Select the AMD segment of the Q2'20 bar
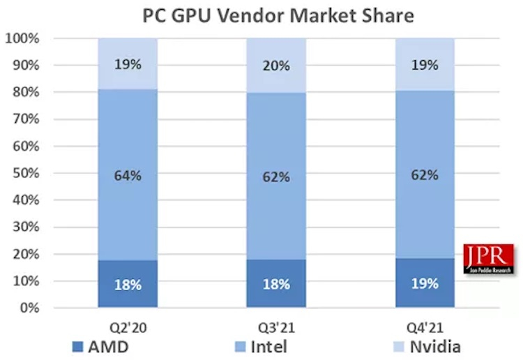127,293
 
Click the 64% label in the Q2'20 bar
128,175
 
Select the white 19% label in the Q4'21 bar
425,283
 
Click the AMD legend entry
98,345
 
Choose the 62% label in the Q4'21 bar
425,175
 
